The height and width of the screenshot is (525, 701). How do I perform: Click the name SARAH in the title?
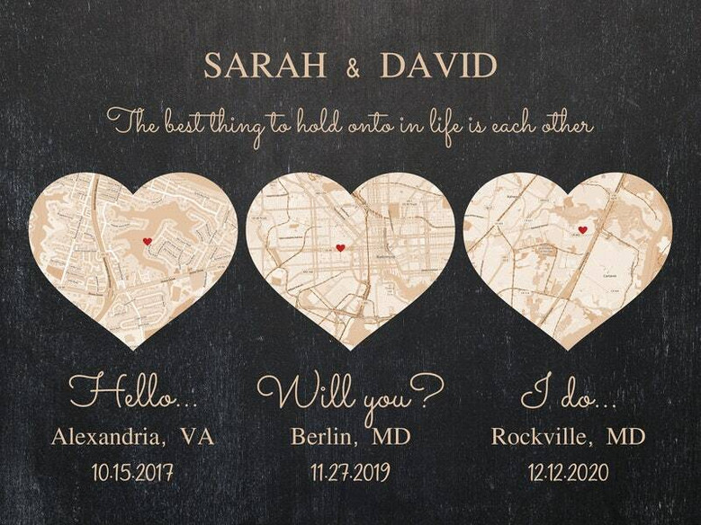263,66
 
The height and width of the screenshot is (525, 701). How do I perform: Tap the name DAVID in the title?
438,66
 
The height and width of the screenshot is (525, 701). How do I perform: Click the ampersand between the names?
351,67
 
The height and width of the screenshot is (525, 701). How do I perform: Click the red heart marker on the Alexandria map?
148,241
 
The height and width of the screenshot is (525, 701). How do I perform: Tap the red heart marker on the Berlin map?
340,247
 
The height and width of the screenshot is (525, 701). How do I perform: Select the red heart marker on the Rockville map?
582,230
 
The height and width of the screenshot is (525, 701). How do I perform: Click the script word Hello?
130,392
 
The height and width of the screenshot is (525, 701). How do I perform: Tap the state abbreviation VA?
197,437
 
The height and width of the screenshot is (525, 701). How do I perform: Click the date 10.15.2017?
132,472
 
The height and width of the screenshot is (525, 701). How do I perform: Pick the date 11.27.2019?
350,472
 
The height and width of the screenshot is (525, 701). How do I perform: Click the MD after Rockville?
625,437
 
